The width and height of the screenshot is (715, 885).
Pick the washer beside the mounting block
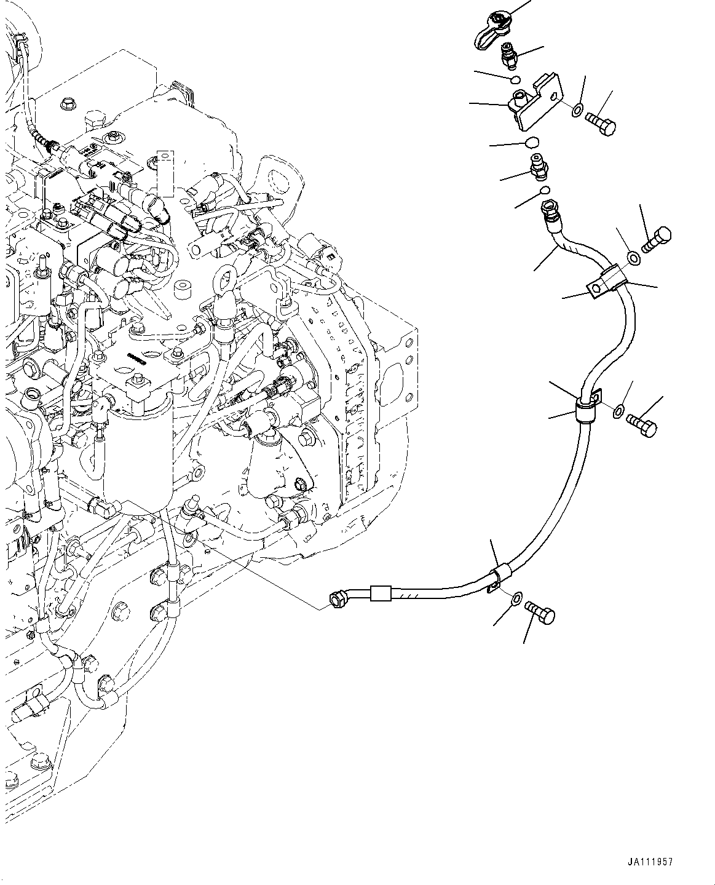[578, 111]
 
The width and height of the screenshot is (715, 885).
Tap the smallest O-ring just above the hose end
[545, 190]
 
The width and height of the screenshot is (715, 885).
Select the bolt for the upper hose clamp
[656, 239]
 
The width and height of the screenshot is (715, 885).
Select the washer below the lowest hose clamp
[517, 597]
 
